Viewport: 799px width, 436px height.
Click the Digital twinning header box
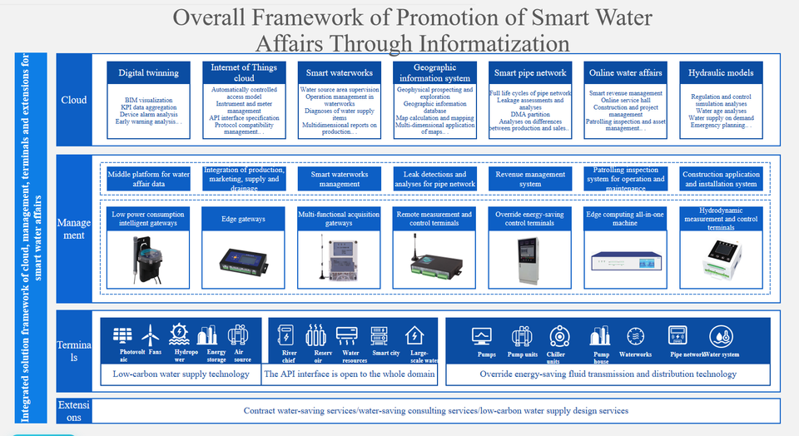[x=149, y=73]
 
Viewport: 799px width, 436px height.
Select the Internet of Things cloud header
[x=244, y=73]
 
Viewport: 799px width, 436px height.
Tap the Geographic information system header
[x=434, y=73]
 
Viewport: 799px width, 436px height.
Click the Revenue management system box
[x=530, y=179]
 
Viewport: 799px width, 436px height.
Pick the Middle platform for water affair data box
[x=149, y=179]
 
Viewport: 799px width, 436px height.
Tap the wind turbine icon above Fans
[x=151, y=335]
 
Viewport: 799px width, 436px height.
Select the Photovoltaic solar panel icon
[x=122, y=335]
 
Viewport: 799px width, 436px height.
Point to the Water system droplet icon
[x=721, y=336]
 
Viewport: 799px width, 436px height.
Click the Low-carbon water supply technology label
[x=181, y=374]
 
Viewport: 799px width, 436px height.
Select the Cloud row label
[x=73, y=100]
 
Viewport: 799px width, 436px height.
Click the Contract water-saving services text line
[x=435, y=410]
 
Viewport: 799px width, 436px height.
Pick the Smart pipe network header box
[x=530, y=73]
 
